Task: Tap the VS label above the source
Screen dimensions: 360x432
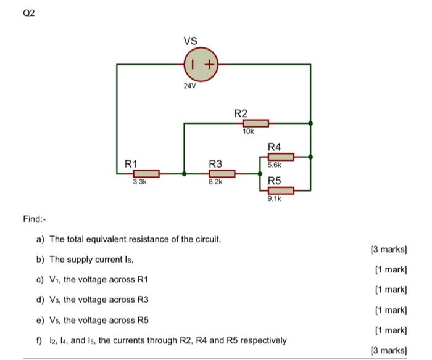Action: pyautogui.click(x=190, y=41)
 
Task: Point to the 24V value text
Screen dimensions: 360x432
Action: pyautogui.click(x=189, y=86)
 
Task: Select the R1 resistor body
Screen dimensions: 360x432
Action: pyautogui.click(x=146, y=174)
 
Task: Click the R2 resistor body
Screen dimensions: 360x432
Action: pyautogui.click(x=255, y=123)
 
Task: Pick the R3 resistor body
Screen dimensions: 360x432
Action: pyautogui.click(x=222, y=174)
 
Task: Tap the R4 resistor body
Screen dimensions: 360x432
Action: pyautogui.click(x=281, y=157)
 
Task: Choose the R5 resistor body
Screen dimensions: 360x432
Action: pyautogui.click(x=281, y=190)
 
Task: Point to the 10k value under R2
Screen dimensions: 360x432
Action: pyautogui.click(x=248, y=132)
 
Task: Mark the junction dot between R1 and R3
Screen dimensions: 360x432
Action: pyautogui.click(x=184, y=174)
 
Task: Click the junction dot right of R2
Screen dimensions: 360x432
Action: pyautogui.click(x=310, y=123)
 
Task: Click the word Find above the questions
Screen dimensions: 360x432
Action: pyautogui.click(x=33, y=219)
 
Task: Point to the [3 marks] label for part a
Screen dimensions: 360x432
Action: pyautogui.click(x=388, y=249)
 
